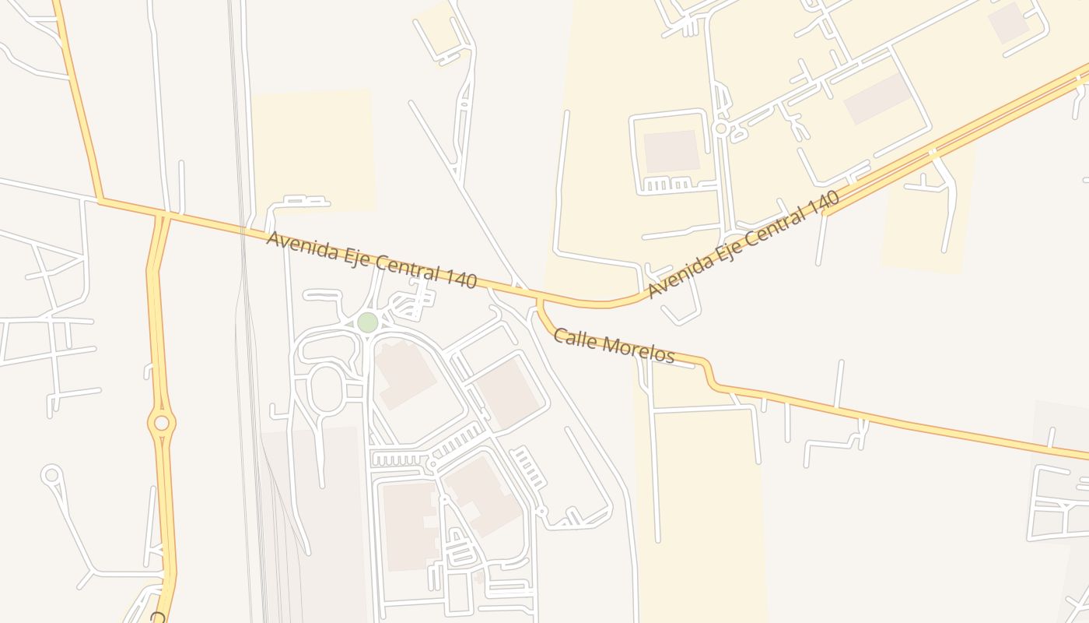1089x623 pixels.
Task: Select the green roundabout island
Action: coord(367,322)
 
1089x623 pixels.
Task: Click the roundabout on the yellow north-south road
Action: coord(162,423)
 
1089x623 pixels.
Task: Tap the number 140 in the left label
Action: coord(461,277)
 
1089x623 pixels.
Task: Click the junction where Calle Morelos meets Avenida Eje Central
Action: coord(537,300)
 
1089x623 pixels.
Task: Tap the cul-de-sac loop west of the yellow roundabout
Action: coord(52,474)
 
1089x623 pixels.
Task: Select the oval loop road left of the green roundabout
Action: coord(327,388)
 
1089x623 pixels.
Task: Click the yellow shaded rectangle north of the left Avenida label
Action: coord(313,148)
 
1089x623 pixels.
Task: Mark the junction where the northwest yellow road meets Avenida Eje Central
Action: coord(100,201)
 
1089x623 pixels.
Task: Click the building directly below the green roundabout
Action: coord(404,374)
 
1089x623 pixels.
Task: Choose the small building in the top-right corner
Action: coord(1009,23)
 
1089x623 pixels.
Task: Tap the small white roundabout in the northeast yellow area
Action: coord(721,128)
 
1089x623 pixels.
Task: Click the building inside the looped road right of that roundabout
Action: coord(671,151)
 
